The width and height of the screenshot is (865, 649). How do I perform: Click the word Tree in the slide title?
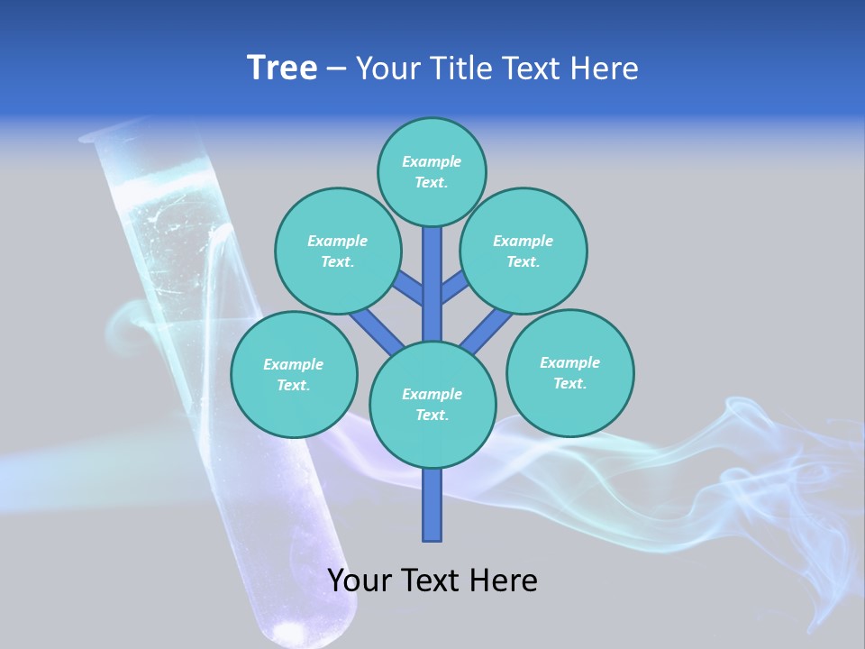point(282,69)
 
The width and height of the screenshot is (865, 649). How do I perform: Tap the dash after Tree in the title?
point(337,69)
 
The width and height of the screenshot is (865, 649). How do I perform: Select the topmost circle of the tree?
point(432,171)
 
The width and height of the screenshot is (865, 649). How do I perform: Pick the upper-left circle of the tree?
point(338,251)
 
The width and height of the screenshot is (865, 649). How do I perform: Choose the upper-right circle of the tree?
point(524,251)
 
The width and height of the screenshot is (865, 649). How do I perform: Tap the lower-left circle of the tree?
point(294,374)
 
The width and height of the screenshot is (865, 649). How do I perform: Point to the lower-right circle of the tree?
point(570,372)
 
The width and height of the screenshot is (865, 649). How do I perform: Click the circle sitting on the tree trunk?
point(432,405)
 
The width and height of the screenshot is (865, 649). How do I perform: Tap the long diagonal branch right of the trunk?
point(487,330)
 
